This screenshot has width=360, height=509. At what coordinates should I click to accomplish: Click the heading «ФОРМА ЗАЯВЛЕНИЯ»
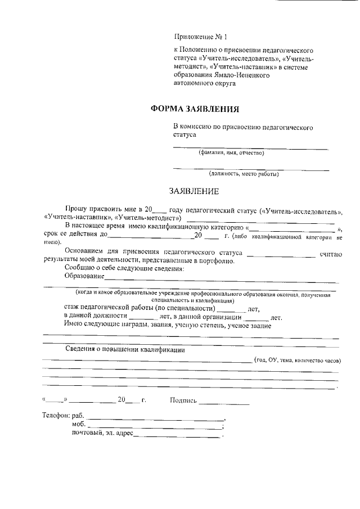tap(195, 109)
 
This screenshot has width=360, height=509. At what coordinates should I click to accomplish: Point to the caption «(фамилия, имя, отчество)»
tap(231, 152)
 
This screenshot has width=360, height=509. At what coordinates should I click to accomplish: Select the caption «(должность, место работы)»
tap(244, 174)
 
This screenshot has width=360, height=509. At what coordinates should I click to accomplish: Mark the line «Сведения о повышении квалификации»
tap(125, 349)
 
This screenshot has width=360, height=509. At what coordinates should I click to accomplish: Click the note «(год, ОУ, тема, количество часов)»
tap(298, 360)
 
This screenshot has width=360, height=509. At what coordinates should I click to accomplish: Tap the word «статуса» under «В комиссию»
tap(184, 136)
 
